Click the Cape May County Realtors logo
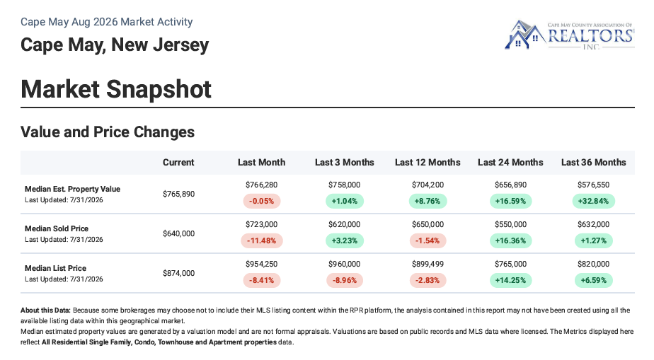569,35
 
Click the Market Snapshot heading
116,89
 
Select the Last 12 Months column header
428,163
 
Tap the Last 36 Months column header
594,163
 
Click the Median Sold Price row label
57,228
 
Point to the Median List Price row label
55,268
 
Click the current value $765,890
178,194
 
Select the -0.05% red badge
261,202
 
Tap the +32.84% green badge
594,202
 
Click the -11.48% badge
261,241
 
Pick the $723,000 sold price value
261,225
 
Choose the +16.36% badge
510,241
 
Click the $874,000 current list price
178,273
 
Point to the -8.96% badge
345,280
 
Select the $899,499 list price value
428,265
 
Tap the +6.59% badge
594,280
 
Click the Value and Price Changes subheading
108,132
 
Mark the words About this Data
45,310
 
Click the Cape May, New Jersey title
115,45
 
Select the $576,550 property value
594,185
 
